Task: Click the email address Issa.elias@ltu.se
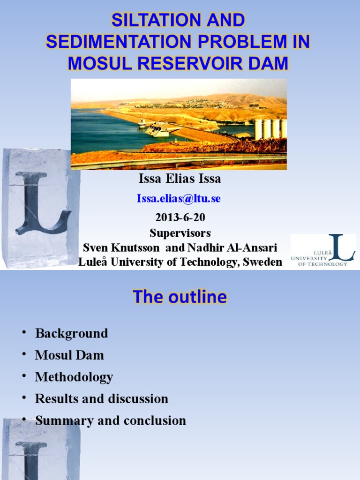[x=179, y=198]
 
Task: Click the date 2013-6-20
[x=180, y=217]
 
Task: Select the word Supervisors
[x=180, y=233]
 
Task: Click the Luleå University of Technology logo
[x=323, y=250]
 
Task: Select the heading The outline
[x=180, y=297]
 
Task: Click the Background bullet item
[x=71, y=334]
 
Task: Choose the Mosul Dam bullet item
[x=69, y=355]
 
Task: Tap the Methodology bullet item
[x=74, y=377]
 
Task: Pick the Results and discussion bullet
[x=101, y=399]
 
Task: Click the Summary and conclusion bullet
[x=111, y=420]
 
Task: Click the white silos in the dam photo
[x=270, y=128]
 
